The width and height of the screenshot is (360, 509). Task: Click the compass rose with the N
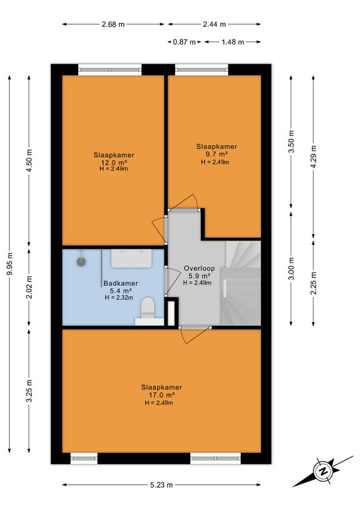(323, 471)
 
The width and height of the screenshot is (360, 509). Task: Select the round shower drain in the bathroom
(81, 261)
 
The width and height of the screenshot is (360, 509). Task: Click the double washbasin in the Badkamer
(132, 259)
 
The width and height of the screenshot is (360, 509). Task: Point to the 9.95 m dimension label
(10, 264)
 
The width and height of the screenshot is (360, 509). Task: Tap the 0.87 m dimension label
(184, 42)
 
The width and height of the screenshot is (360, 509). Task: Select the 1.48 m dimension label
(233, 42)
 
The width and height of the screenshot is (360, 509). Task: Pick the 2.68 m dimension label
(113, 24)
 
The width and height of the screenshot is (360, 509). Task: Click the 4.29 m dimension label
(314, 157)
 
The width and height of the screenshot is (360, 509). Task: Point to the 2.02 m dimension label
(29, 287)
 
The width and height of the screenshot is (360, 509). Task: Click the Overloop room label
(199, 268)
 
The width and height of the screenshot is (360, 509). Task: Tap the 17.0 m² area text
(162, 395)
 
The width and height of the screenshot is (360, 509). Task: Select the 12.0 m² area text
(113, 162)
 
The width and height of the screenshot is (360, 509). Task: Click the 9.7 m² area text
(216, 154)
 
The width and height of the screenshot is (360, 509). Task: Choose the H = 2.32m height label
(119, 298)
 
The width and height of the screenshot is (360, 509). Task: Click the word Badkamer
(121, 283)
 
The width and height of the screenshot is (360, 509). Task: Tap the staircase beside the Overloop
(241, 282)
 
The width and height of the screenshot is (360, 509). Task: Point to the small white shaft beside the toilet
(171, 314)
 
